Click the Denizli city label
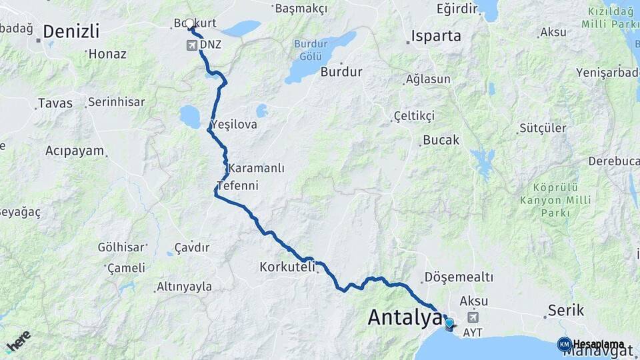click(x=71, y=31)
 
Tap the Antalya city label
click(x=405, y=317)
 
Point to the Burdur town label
click(x=341, y=71)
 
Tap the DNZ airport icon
click(x=193, y=45)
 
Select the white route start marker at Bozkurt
click(x=189, y=24)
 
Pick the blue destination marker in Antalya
click(x=449, y=325)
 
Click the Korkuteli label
click(x=287, y=267)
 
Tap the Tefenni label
click(x=237, y=185)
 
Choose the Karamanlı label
click(x=256, y=168)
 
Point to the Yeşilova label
click(x=233, y=124)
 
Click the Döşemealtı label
click(x=459, y=277)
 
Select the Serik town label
click(x=566, y=310)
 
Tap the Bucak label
click(x=441, y=141)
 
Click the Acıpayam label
click(x=75, y=151)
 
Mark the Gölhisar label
click(x=121, y=247)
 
